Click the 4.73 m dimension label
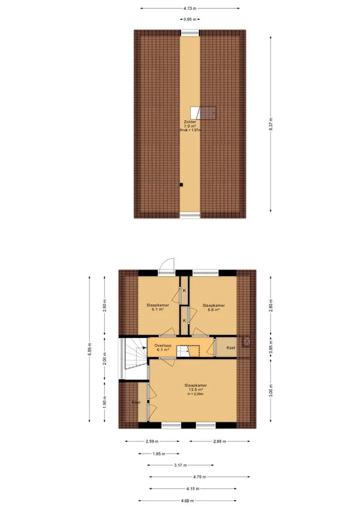pyautogui.click(x=190, y=8)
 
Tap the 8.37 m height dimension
pyautogui.click(x=271, y=124)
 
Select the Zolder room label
pyautogui.click(x=190, y=122)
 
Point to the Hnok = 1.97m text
pyautogui.click(x=190, y=130)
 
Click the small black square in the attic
pyautogui.click(x=181, y=185)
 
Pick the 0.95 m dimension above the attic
pyautogui.click(x=190, y=19)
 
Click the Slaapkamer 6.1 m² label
pyautogui.click(x=158, y=307)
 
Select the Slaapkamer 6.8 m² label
pyautogui.click(x=213, y=307)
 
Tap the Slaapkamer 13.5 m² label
pyautogui.click(x=196, y=387)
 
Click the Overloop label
pyautogui.click(x=163, y=345)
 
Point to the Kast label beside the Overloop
pyautogui.click(x=231, y=348)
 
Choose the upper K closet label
pyautogui.click(x=184, y=290)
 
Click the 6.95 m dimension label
pyautogui.click(x=90, y=349)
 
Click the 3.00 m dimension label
pyautogui.click(x=271, y=390)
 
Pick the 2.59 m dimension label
pyautogui.click(x=152, y=442)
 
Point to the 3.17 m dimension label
pyautogui.click(x=180, y=465)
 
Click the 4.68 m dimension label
pyautogui.click(x=188, y=501)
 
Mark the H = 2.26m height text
pyautogui.click(x=196, y=394)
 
